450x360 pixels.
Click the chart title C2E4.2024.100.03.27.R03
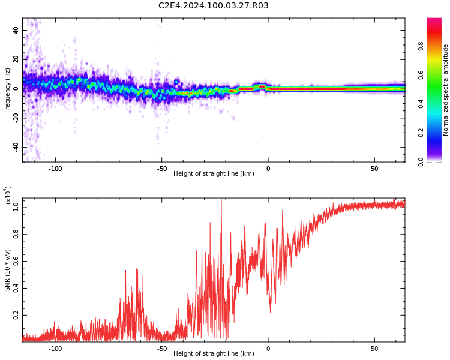pos(213,5)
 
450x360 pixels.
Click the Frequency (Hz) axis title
pos(7,90)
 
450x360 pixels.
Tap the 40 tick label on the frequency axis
pos(16,30)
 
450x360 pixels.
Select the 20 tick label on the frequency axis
pos(16,59)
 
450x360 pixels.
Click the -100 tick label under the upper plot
pos(55,169)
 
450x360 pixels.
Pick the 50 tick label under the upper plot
pos(374,169)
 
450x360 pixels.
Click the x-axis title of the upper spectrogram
pos(214,173)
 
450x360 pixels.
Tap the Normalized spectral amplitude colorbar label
pos(445,90)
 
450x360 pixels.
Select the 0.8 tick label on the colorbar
pos(421,46)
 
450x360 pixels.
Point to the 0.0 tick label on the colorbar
pos(421,162)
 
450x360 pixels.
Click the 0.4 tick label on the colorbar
pos(421,104)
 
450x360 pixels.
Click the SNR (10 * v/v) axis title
pos(7,270)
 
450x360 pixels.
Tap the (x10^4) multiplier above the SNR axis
pos(7,196)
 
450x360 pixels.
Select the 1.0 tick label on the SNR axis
pos(16,207)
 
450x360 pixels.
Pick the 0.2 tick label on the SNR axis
pos(16,315)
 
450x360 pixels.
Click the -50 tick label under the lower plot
pos(161,349)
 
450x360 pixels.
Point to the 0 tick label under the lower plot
pos(268,349)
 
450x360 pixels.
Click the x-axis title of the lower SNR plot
pos(214,353)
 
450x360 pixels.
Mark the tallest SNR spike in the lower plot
pos(221,200)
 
